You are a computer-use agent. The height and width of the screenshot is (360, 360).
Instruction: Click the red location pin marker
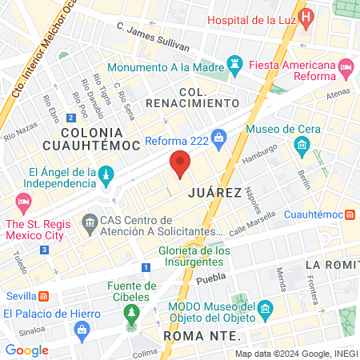point(180,163)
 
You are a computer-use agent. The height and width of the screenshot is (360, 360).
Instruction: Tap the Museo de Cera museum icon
point(302,146)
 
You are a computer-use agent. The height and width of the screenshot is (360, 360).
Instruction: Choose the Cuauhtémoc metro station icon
point(350,214)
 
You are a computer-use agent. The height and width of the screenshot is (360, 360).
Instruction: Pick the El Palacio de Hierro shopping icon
point(81,328)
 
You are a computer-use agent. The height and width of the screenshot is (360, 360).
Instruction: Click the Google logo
point(26,350)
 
